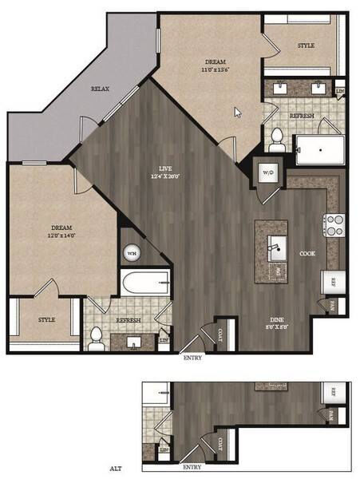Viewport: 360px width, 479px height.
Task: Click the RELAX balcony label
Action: [100, 89]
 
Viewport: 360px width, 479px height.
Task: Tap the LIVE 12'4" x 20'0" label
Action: [165, 172]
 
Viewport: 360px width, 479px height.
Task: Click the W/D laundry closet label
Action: [267, 171]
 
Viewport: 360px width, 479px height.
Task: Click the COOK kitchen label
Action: [307, 253]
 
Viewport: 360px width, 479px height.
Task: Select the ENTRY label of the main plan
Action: [192, 358]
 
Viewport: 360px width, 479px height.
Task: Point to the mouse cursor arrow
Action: [237, 112]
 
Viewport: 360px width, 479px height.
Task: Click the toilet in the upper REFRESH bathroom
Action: [277, 139]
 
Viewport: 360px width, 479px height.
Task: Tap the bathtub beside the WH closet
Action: [145, 283]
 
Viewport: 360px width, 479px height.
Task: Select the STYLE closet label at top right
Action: [306, 46]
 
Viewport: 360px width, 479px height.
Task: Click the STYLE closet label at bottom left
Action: [47, 319]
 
